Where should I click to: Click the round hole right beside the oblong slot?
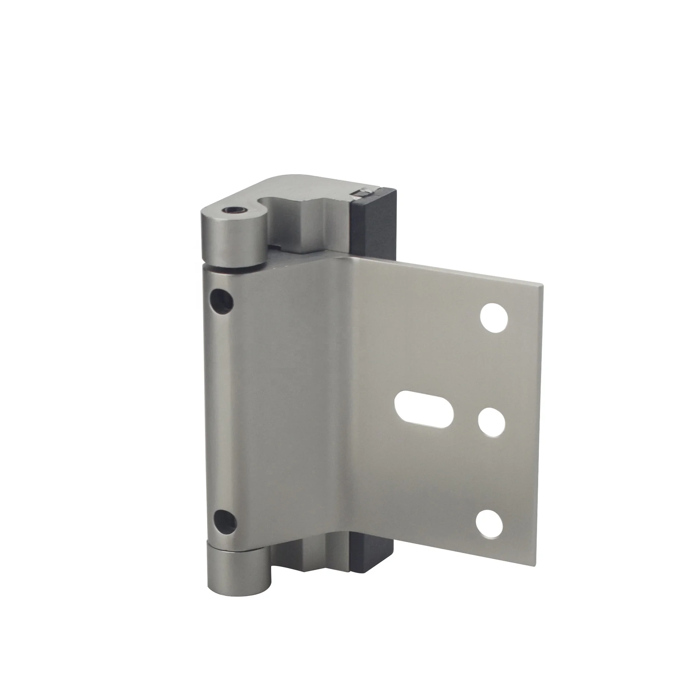tap(491, 422)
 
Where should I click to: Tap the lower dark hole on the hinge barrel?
tap(224, 521)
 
